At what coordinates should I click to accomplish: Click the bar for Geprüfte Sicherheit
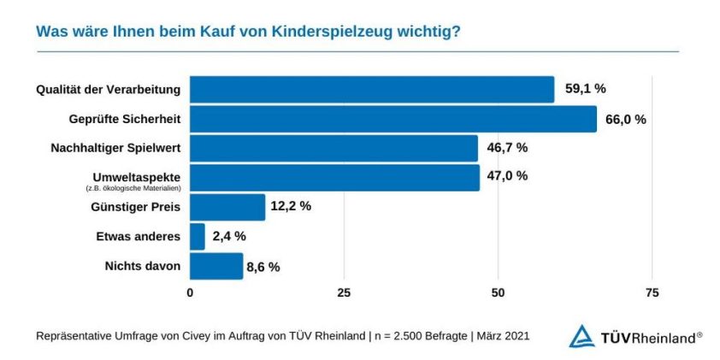pyautogui.click(x=393, y=119)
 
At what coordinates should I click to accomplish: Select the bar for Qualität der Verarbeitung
pyautogui.click(x=372, y=89)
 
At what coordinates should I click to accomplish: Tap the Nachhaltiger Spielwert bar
pyautogui.click(x=333, y=148)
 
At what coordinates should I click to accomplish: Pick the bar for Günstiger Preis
pyautogui.click(x=227, y=207)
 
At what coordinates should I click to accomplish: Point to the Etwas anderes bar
pyautogui.click(x=198, y=236)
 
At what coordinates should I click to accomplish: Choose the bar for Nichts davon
pyautogui.click(x=216, y=266)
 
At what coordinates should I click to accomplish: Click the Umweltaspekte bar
pyautogui.click(x=334, y=177)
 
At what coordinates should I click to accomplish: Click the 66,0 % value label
pyautogui.click(x=625, y=119)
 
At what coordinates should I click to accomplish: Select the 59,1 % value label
pyautogui.click(x=585, y=89)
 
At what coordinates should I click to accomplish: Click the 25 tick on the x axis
pyautogui.click(x=344, y=292)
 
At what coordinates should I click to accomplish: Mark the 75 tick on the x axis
pyautogui.click(x=652, y=292)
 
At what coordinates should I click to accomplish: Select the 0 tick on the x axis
pyautogui.click(x=190, y=292)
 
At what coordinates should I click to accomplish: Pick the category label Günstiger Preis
pyautogui.click(x=135, y=207)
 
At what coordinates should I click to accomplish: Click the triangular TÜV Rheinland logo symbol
pyautogui.click(x=581, y=336)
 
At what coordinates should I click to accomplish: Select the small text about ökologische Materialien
pyautogui.click(x=136, y=186)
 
